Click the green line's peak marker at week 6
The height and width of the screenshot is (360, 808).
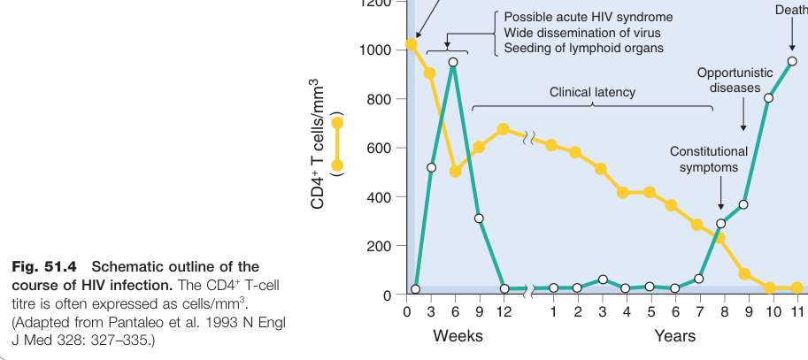point(453,62)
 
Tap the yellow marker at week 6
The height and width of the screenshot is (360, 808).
point(455,171)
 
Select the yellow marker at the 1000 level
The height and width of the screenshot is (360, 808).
point(411,44)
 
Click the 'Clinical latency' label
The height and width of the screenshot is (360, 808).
point(592,92)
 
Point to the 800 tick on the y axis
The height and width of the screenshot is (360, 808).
point(381,99)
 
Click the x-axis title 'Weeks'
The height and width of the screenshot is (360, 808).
point(458,336)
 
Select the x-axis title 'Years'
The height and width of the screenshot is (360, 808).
point(675,336)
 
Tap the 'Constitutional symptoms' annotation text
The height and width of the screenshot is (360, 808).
point(709,159)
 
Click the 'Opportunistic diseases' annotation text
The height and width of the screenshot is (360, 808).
point(735,80)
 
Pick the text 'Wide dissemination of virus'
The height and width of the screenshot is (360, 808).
point(581,33)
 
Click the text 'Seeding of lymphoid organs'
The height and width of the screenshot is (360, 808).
point(583,48)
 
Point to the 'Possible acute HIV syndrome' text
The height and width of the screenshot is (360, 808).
point(588,17)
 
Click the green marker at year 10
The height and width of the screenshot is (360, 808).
point(768,98)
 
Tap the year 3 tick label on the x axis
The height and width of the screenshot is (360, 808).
point(602,311)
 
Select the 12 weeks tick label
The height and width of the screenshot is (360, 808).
point(504,311)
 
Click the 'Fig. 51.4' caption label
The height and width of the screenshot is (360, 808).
point(44,267)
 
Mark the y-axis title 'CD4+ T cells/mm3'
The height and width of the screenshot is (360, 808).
point(319,143)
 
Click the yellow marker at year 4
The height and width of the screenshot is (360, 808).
point(623,193)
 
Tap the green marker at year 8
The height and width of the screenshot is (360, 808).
point(720,224)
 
